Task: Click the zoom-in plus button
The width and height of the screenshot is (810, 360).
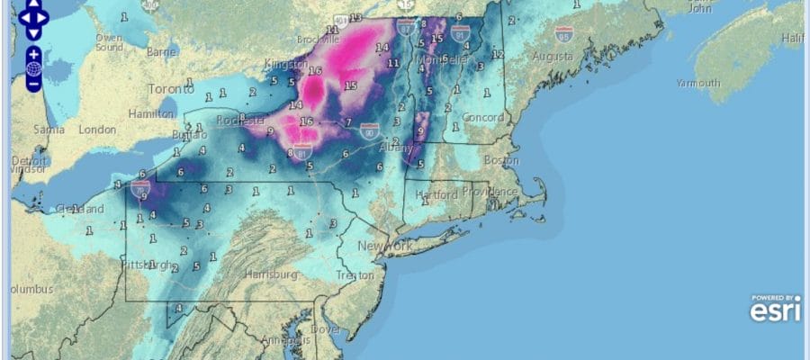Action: (x=32, y=53)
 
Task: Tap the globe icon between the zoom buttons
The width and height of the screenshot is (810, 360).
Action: (x=32, y=68)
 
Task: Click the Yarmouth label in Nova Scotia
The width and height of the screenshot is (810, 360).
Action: (x=698, y=83)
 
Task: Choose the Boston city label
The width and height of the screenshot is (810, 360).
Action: (x=500, y=160)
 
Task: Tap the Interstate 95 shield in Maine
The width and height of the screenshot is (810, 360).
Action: (x=564, y=35)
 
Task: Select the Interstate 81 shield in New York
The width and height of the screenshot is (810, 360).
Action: (x=303, y=152)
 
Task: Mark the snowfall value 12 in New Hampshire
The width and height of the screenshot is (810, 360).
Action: (x=497, y=55)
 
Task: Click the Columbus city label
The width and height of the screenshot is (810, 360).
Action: (x=31, y=290)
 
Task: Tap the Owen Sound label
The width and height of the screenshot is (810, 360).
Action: (x=109, y=42)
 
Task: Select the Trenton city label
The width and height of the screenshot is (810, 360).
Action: (x=353, y=274)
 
